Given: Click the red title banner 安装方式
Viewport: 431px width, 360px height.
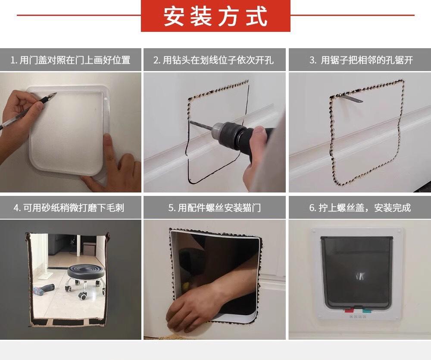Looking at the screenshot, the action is click(215, 16).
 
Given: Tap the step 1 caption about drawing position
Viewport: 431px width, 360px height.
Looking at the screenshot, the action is click(70, 60).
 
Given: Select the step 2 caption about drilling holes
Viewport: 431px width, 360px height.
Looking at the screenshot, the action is click(214, 60).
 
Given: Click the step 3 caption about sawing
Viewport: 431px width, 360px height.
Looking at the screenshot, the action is click(361, 60).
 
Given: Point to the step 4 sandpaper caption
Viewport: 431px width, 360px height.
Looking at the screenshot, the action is click(69, 208).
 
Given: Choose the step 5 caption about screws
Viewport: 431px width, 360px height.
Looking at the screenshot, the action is click(215, 208).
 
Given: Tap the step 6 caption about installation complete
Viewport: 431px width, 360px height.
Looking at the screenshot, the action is click(360, 208).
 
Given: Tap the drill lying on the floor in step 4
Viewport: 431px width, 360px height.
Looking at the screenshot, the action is click(44, 289).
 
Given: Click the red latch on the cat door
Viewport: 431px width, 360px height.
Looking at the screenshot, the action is click(349, 311).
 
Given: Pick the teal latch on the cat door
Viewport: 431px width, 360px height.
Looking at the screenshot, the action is click(367, 311).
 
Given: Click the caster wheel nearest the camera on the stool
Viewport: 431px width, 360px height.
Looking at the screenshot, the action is click(83, 296).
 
